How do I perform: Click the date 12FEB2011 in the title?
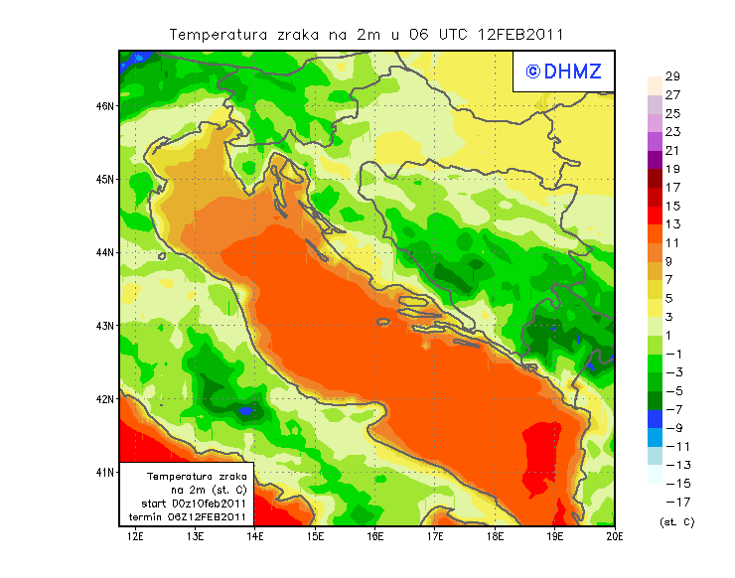521,34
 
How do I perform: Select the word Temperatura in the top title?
217,34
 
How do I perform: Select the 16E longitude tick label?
375,536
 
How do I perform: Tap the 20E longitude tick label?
615,536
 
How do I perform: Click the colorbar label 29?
672,76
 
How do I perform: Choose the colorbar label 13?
672,224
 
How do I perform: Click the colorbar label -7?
675,409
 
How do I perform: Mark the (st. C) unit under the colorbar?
676,521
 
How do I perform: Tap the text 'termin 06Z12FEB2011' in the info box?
189,516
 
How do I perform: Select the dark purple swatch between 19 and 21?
654,160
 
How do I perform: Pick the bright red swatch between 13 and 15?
654,216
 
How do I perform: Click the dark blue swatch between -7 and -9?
654,418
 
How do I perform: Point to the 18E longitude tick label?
495,536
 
